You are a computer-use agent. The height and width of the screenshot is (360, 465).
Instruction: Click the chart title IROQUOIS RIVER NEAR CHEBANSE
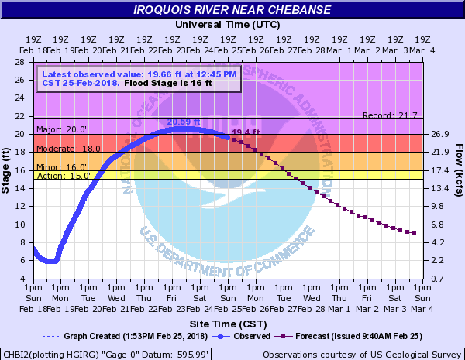(232, 10)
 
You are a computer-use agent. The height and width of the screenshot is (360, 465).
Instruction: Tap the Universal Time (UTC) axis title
(227, 25)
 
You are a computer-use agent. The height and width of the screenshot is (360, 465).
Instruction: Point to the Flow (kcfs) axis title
(458, 170)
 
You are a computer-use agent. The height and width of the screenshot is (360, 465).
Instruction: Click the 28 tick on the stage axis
(25, 61)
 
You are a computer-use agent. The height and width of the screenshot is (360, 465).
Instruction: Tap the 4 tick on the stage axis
(27, 279)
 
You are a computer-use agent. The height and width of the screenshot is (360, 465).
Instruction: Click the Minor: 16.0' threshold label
(64, 166)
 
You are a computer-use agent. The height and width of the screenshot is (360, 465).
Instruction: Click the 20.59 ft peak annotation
(183, 122)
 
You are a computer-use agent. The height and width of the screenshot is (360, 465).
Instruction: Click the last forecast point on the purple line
(415, 233)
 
